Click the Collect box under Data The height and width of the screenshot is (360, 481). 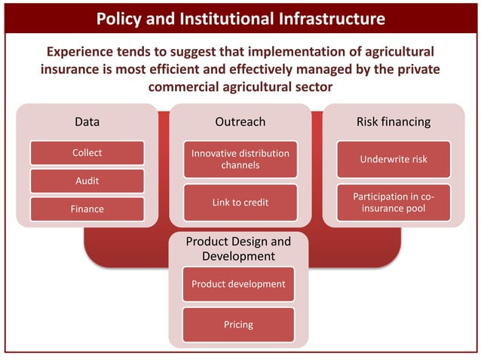coord(87,154)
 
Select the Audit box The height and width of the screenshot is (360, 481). coord(87,181)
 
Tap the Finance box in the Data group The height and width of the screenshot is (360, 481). coord(87,209)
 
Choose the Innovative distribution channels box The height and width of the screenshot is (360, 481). coord(240,159)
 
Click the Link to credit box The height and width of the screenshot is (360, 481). coord(240,203)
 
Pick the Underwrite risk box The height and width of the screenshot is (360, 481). coord(393,159)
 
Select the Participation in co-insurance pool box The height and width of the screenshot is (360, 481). coord(393,203)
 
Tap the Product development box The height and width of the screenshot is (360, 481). coord(238,284)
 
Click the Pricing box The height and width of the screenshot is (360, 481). coord(238,325)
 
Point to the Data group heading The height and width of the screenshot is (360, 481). coord(87,121)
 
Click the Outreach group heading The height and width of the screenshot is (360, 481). coord(240,121)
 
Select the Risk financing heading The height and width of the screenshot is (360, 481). coord(393,121)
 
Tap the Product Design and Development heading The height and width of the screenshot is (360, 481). coord(238,249)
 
